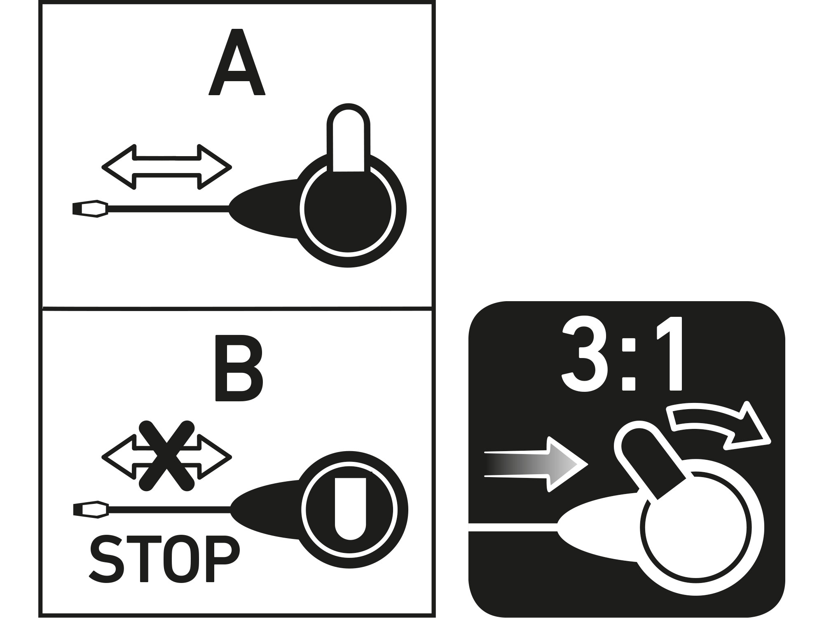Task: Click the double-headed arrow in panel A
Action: pyautogui.click(x=166, y=167)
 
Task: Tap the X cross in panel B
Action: pyautogui.click(x=166, y=456)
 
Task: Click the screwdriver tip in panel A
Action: pyautogui.click(x=90, y=209)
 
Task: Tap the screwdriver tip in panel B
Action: pyautogui.click(x=91, y=510)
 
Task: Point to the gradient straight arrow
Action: pyautogui.click(x=536, y=464)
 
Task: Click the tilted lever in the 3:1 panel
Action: pyautogui.click(x=649, y=461)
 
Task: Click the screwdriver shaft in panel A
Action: pyautogui.click(x=168, y=209)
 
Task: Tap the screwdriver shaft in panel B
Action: pyautogui.click(x=169, y=510)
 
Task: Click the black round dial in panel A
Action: pyautogui.click(x=348, y=210)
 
